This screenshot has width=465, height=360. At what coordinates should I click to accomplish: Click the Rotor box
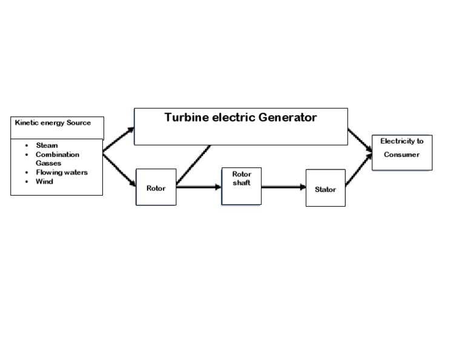pos(156,187)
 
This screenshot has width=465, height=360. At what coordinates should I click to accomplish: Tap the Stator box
pos(325,188)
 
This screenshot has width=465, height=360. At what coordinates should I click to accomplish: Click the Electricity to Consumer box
pos(402,152)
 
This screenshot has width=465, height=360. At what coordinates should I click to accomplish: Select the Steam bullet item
pos(47,145)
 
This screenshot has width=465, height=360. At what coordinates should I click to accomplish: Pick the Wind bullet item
pos(44,181)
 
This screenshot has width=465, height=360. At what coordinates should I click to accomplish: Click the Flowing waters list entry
pos(61,172)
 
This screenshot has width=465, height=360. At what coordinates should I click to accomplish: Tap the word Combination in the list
pos(58,155)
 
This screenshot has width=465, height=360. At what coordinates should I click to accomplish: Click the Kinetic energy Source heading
pos(53,123)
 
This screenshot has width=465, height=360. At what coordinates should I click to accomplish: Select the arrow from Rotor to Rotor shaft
pos(199,187)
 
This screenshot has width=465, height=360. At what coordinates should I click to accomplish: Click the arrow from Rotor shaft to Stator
pos(283,187)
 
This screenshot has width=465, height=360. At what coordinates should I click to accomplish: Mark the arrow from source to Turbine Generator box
pos(119,140)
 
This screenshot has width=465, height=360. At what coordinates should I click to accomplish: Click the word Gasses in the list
pos(48,163)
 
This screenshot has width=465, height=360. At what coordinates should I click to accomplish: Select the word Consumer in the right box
pos(401,155)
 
